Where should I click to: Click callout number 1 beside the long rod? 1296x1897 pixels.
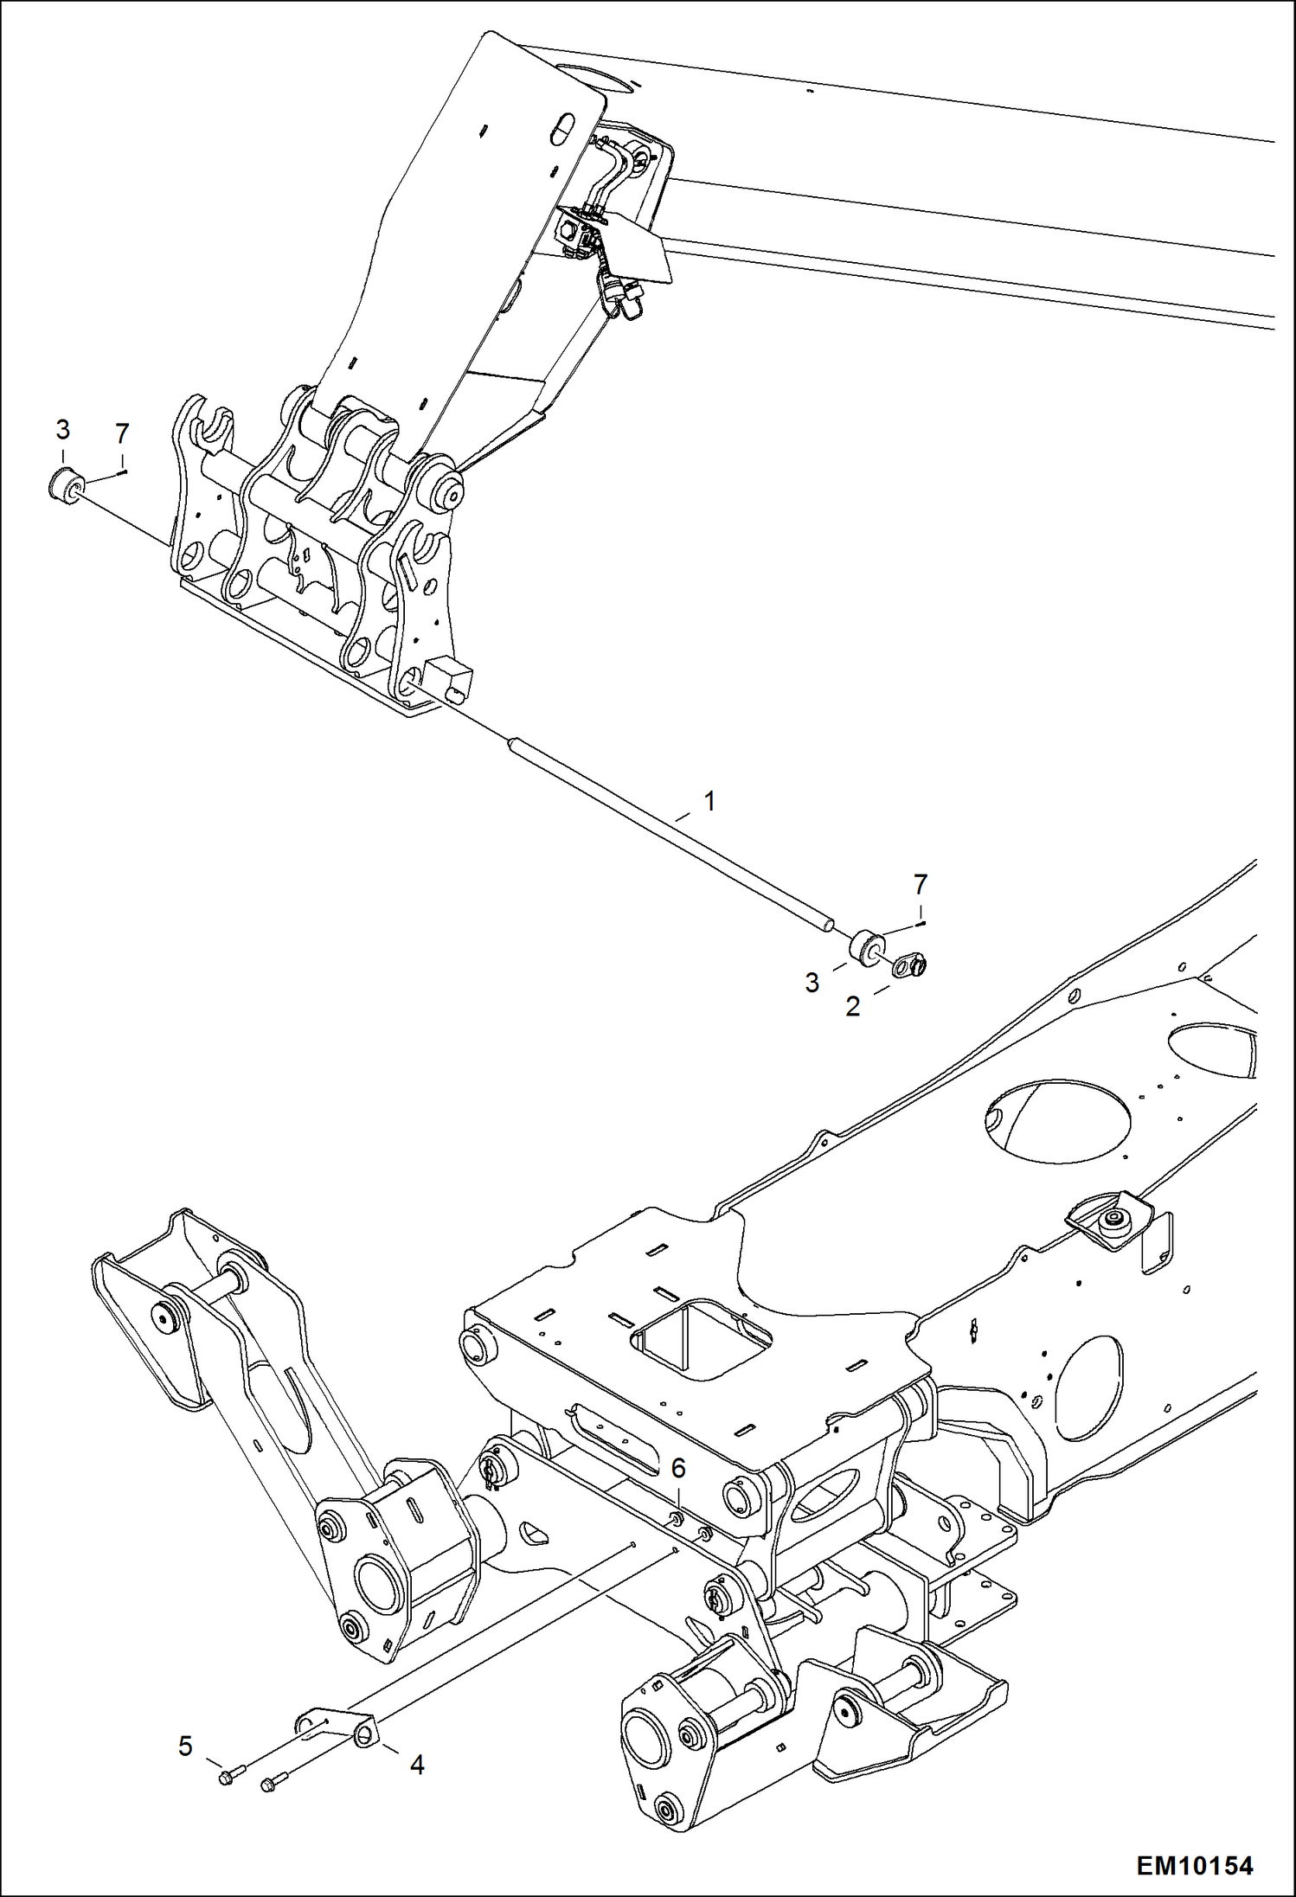pyautogui.click(x=709, y=801)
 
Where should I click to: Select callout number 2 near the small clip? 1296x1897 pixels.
pyautogui.click(x=853, y=1006)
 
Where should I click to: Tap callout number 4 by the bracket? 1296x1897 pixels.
pyautogui.click(x=417, y=1765)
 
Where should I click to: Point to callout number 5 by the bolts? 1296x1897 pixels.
pyautogui.click(x=185, y=1746)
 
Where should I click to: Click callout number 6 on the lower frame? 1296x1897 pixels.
pyautogui.click(x=678, y=1468)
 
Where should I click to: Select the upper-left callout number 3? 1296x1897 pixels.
pyautogui.click(x=62, y=429)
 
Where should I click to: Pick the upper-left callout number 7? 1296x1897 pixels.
pyautogui.click(x=122, y=433)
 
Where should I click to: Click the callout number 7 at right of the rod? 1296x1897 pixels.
pyautogui.click(x=921, y=884)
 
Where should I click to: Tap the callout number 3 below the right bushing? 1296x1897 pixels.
pyautogui.click(x=812, y=982)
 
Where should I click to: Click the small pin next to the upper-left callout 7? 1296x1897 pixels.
pyautogui.click(x=125, y=471)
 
